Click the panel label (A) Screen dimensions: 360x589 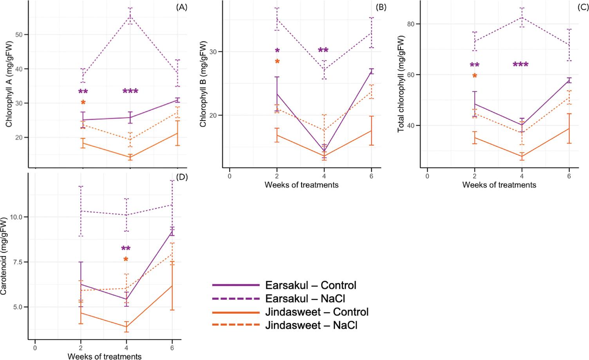click(x=181, y=7)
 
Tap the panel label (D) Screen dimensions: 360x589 click(x=182, y=176)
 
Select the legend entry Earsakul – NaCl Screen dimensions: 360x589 click(x=311, y=299)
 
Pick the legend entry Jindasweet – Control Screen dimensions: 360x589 click(x=317, y=312)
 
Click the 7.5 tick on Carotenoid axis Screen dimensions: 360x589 click(x=19, y=262)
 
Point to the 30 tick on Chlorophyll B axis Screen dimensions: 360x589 click(x=218, y=52)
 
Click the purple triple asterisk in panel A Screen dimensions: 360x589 click(x=130, y=91)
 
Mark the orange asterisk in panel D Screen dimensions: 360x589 click(x=126, y=259)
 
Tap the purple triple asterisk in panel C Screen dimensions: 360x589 click(x=520, y=65)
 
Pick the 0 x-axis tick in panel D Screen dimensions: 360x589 click(x=35, y=347)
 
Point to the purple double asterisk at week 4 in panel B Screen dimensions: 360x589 click(x=323, y=50)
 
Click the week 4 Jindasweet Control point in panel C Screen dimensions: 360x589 click(x=522, y=157)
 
